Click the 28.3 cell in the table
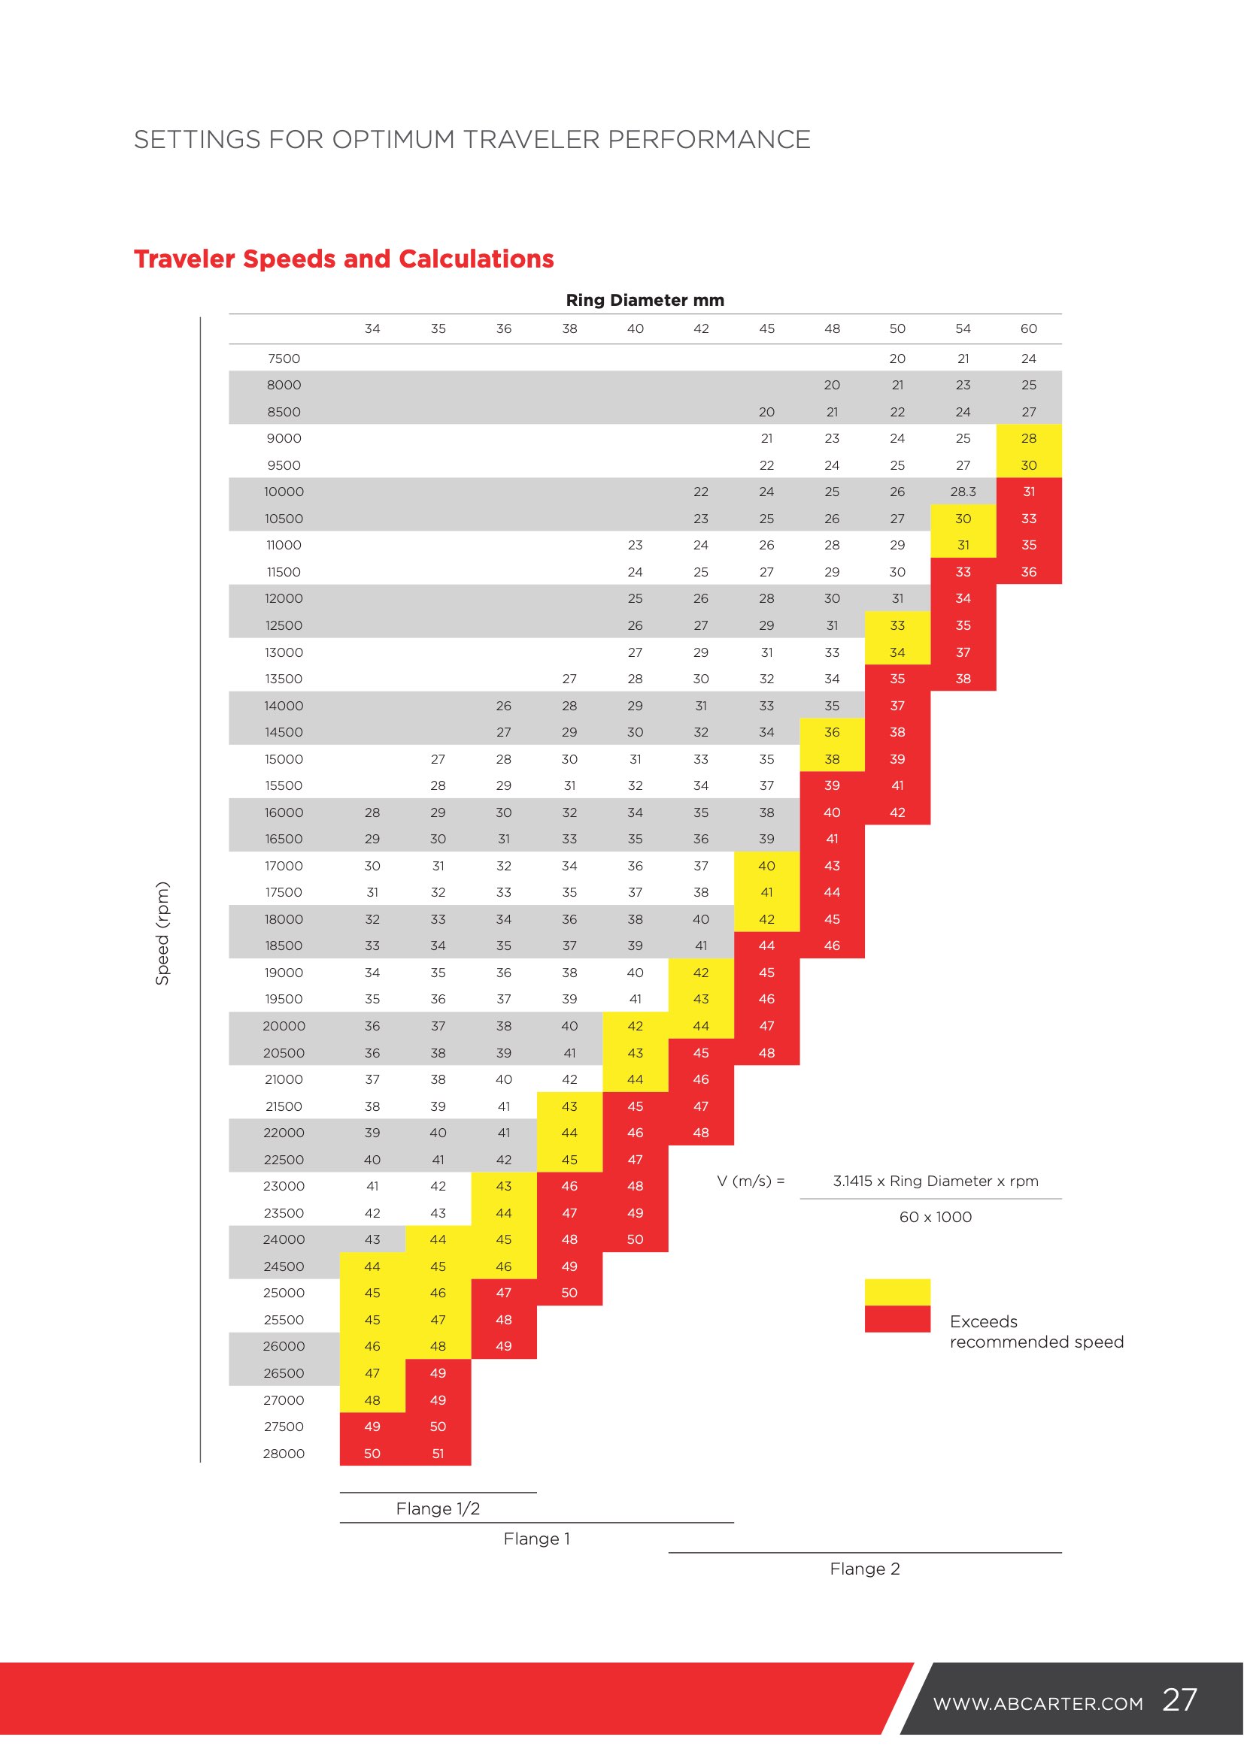click(963, 492)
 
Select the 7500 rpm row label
click(284, 359)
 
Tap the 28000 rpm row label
click(284, 1454)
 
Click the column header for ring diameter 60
click(1028, 328)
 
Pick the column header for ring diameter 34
click(372, 328)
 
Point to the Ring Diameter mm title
click(645, 300)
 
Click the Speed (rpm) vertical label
click(162, 933)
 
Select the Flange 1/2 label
click(438, 1508)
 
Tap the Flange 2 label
click(865, 1569)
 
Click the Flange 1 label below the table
click(537, 1539)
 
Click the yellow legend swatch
click(898, 1292)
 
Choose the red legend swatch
click(898, 1318)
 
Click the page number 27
click(1179, 1700)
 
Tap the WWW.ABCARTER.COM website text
click(1038, 1704)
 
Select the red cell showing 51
click(438, 1453)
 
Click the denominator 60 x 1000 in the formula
click(936, 1217)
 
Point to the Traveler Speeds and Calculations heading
click(344, 259)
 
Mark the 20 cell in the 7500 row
click(897, 359)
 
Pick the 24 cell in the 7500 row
click(1028, 359)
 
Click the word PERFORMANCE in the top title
click(708, 139)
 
